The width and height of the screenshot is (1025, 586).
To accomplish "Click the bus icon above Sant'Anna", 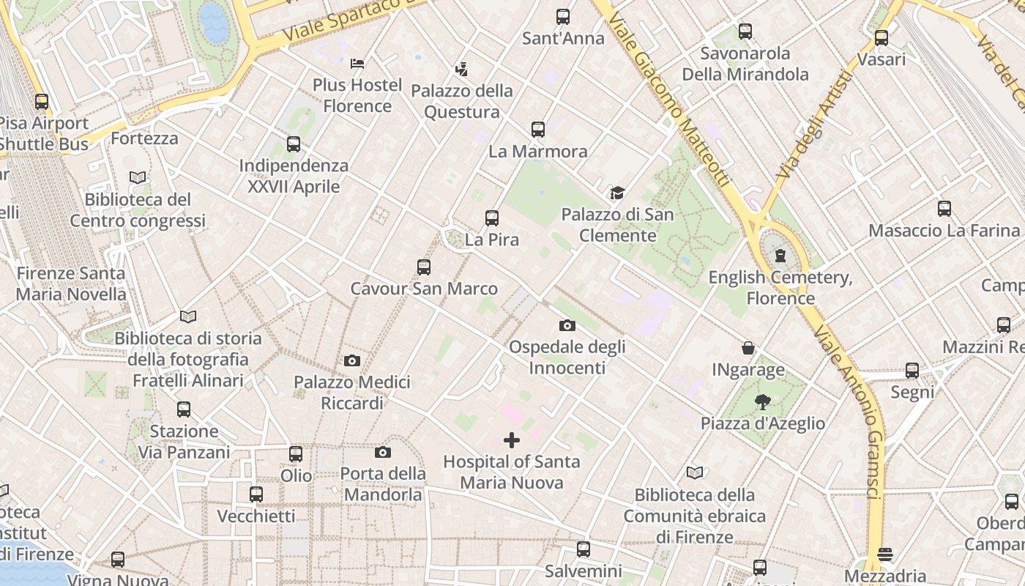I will click(x=562, y=17).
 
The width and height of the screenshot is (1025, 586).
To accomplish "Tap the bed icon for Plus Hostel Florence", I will click(x=357, y=64).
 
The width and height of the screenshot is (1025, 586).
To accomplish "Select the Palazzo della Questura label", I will click(x=462, y=101).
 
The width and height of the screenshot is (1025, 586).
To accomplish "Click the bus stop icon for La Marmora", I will click(x=538, y=130).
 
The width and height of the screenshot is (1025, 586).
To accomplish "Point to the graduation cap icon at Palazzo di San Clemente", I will click(x=617, y=193).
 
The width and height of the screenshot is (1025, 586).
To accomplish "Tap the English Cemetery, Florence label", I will click(x=780, y=288).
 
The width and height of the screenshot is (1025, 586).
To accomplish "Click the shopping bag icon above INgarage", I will click(x=748, y=348).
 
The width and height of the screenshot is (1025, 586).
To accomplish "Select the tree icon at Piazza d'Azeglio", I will click(x=762, y=401).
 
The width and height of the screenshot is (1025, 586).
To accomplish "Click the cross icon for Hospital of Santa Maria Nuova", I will click(x=512, y=440).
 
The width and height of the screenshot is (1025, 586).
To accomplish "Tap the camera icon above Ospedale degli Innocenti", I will click(x=567, y=325).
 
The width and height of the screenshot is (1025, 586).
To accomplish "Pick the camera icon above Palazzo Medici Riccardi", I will click(x=352, y=360).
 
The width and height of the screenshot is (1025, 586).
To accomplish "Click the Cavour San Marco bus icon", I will click(x=424, y=267).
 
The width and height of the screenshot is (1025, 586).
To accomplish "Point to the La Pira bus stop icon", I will click(x=492, y=218).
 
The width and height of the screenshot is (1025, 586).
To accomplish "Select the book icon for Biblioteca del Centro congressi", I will click(x=138, y=177).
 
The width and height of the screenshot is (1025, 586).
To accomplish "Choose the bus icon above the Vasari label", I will click(x=881, y=38).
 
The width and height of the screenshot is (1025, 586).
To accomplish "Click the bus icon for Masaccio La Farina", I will click(x=944, y=209).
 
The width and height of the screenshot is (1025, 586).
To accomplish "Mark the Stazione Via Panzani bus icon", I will click(x=184, y=409).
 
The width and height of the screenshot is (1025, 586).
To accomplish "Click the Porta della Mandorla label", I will click(x=383, y=483).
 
